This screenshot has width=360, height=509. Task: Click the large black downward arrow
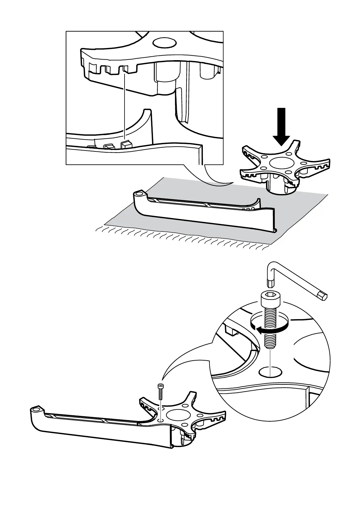click(281, 125)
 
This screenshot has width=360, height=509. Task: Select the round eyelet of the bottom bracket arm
click(36, 410)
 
